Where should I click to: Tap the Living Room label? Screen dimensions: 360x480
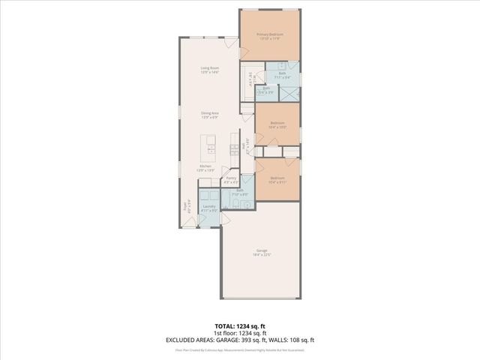tap(208, 70)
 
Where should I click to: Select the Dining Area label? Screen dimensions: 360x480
tap(208, 115)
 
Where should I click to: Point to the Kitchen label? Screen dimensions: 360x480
tap(205, 168)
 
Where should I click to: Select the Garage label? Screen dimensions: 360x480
tap(261, 252)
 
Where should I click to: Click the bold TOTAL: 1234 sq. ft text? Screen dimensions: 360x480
tap(240, 327)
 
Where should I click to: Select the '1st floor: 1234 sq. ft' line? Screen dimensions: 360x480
tap(240, 334)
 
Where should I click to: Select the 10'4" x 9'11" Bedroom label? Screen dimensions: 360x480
tap(277, 179)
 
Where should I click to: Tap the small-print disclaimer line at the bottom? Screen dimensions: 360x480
tap(240, 349)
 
